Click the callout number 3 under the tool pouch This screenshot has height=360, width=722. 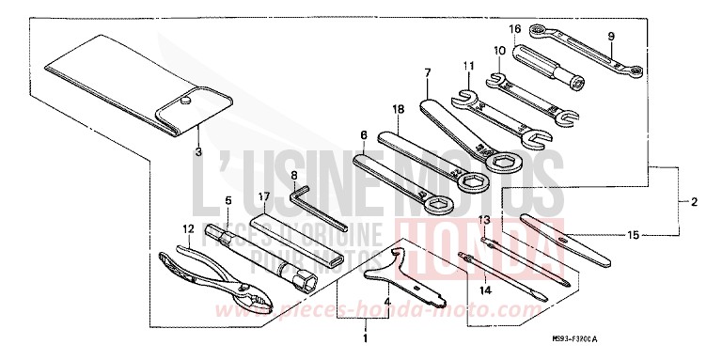[x=198, y=149]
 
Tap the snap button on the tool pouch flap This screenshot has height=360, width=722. [x=187, y=97]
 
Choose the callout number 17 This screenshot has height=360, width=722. [x=265, y=197]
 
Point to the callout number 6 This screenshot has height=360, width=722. [x=362, y=134]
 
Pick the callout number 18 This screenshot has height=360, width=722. [x=399, y=110]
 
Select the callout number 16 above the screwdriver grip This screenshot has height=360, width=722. [x=514, y=28]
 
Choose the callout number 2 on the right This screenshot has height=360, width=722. [x=695, y=202]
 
